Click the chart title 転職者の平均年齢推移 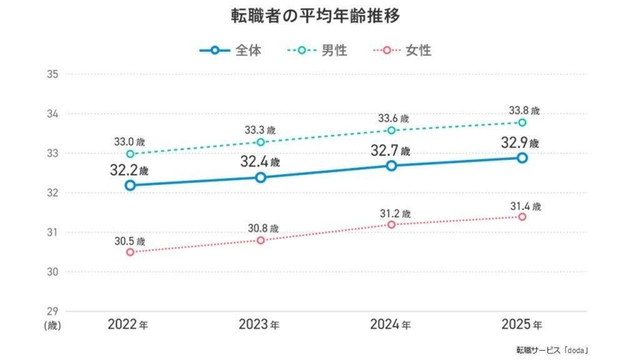(x=316, y=16)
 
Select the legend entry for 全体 (x=231, y=50)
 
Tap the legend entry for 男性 (x=317, y=50)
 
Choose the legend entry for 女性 (x=402, y=50)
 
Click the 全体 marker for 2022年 (x=130, y=185)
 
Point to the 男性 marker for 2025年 (x=522, y=122)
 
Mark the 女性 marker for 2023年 (x=261, y=241)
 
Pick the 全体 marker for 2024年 (x=391, y=166)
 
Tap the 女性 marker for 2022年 (x=130, y=252)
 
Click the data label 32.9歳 (x=520, y=143)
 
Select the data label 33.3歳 (x=260, y=130)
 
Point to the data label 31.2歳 (x=395, y=214)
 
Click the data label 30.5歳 (x=129, y=241)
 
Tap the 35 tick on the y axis (x=52, y=74)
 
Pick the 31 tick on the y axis (x=52, y=232)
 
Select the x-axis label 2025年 (x=522, y=324)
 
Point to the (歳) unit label (x=52, y=325)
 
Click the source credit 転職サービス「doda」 (x=552, y=350)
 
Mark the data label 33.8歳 (x=524, y=111)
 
